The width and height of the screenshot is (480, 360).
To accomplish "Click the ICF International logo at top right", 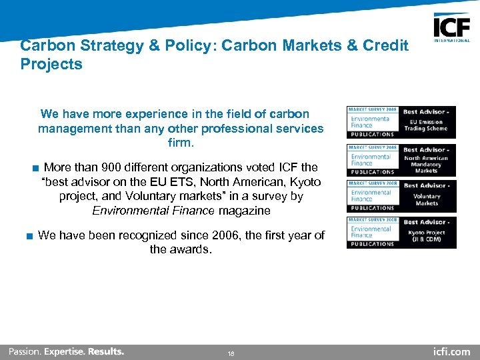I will [451, 28].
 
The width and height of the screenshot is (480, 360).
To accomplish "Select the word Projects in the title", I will [51, 65].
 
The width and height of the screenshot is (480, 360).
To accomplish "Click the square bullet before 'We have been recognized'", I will [29, 236].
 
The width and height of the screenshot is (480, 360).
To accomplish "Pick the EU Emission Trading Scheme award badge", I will [401, 122].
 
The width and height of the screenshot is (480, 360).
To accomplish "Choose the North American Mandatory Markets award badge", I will [401, 160].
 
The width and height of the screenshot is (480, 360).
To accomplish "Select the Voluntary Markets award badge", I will [401, 196].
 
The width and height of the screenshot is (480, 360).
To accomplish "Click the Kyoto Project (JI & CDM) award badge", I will [401, 232].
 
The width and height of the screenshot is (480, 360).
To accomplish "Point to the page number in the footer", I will [231, 353].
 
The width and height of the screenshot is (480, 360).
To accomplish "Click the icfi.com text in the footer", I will [451, 351].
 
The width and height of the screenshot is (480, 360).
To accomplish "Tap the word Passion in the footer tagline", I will [24, 351].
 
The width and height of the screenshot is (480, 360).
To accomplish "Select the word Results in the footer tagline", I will [105, 351].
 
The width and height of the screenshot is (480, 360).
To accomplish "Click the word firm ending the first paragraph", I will [181, 143].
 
